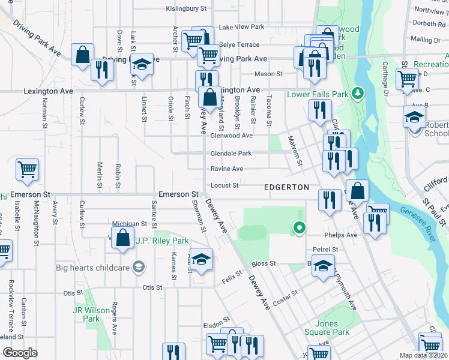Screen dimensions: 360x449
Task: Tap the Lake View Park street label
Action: pyautogui.click(x=241, y=27)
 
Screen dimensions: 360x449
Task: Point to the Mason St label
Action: pyautogui.click(x=268, y=74)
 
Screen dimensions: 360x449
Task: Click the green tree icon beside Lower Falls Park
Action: pyautogui.click(x=358, y=94)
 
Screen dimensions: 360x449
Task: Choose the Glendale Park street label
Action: pyautogui.click(x=231, y=154)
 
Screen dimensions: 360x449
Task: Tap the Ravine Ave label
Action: pyautogui.click(x=226, y=169)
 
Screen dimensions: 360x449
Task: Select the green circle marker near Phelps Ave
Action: pyautogui.click(x=298, y=227)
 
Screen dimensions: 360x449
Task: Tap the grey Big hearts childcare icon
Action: pyautogui.click(x=139, y=266)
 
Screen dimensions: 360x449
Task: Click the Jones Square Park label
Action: pyautogui.click(x=333, y=328)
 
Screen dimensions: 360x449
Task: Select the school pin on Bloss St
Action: pyautogui.click(x=324, y=266)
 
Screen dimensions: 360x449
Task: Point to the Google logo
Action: pyautogui.click(x=20, y=353)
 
